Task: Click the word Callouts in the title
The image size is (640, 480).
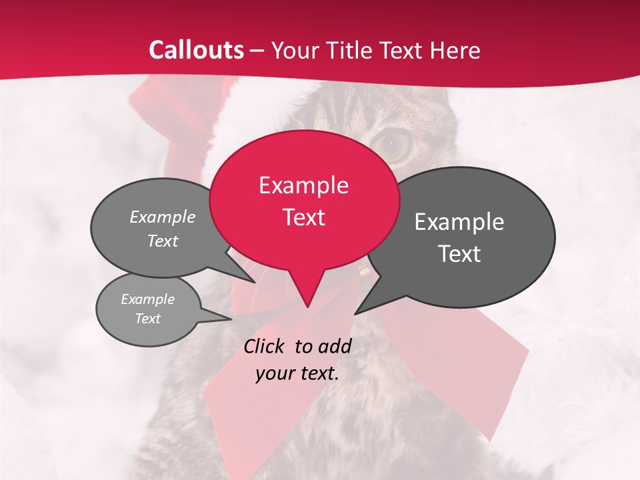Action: [196, 50]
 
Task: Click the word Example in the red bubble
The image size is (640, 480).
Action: [303, 185]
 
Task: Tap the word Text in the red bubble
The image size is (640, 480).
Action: [303, 217]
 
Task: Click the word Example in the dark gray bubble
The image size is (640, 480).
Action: [459, 221]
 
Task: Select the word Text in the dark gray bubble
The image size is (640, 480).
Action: [459, 253]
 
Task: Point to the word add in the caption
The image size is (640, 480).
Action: [335, 346]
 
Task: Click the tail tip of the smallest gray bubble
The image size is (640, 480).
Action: [231, 319]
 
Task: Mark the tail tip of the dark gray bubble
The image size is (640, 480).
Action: [355, 313]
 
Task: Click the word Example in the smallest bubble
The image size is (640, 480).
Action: [148, 299]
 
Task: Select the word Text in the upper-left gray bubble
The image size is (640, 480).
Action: [163, 241]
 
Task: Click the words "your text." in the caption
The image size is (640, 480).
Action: [297, 373]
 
